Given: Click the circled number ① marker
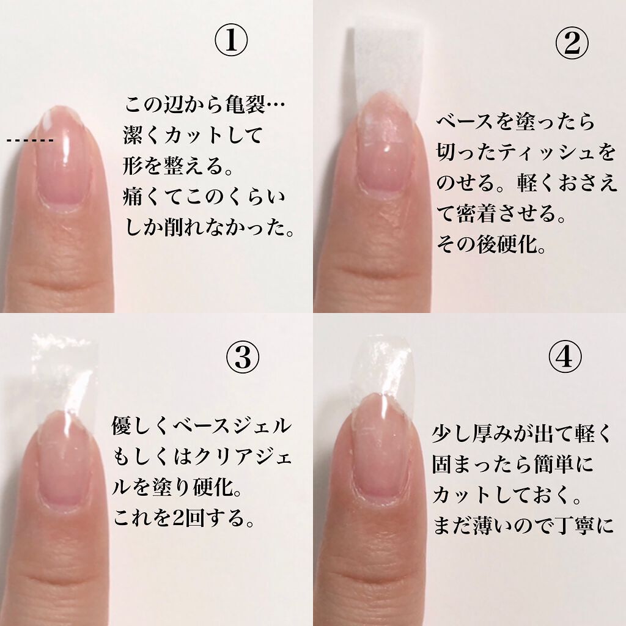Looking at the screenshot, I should [x=230, y=42].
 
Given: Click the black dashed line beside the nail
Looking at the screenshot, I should [x=30, y=141].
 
